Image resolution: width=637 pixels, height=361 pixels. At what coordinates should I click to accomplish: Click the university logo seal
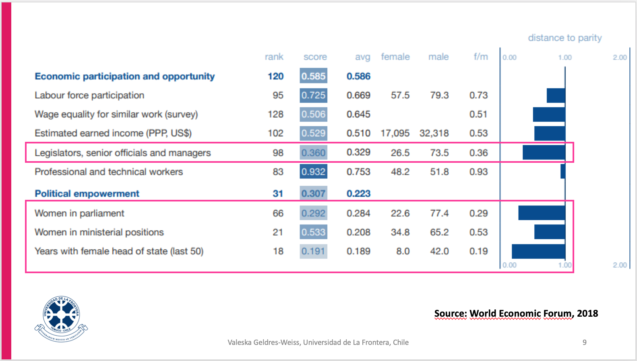coord(61,318)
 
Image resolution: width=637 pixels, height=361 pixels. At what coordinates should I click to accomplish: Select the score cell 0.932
coord(313,172)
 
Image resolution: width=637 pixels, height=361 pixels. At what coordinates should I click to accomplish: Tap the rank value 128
coord(275,114)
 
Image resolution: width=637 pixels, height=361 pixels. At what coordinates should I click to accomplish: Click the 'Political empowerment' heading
coord(87,194)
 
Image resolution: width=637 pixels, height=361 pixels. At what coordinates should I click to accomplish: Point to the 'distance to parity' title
coord(565,38)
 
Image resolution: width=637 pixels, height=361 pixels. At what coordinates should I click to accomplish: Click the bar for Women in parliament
coord(542,213)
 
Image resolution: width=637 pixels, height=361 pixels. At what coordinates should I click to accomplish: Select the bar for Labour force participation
coord(556,95)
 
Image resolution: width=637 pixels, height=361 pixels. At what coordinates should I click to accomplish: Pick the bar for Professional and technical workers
coord(563,172)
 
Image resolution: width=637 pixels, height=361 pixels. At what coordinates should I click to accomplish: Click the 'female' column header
coord(395,57)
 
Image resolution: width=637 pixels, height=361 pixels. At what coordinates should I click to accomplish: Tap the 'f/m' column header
coord(480,57)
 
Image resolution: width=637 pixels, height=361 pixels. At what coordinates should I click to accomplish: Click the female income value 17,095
coord(395,133)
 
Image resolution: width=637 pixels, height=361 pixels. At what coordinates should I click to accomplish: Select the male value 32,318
coord(434,133)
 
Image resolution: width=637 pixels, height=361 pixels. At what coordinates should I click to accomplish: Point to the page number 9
coord(584,342)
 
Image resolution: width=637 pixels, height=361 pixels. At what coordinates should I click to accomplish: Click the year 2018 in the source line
coord(587,313)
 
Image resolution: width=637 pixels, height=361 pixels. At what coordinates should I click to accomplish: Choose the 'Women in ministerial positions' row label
coord(99,232)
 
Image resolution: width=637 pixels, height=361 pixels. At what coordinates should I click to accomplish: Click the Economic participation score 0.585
coord(313,76)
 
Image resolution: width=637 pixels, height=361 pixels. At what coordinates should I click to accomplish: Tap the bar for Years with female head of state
coord(538,251)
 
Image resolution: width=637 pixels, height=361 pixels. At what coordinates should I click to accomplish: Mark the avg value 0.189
coord(358,251)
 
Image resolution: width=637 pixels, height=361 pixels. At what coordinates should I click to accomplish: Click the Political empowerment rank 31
coord(278,194)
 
